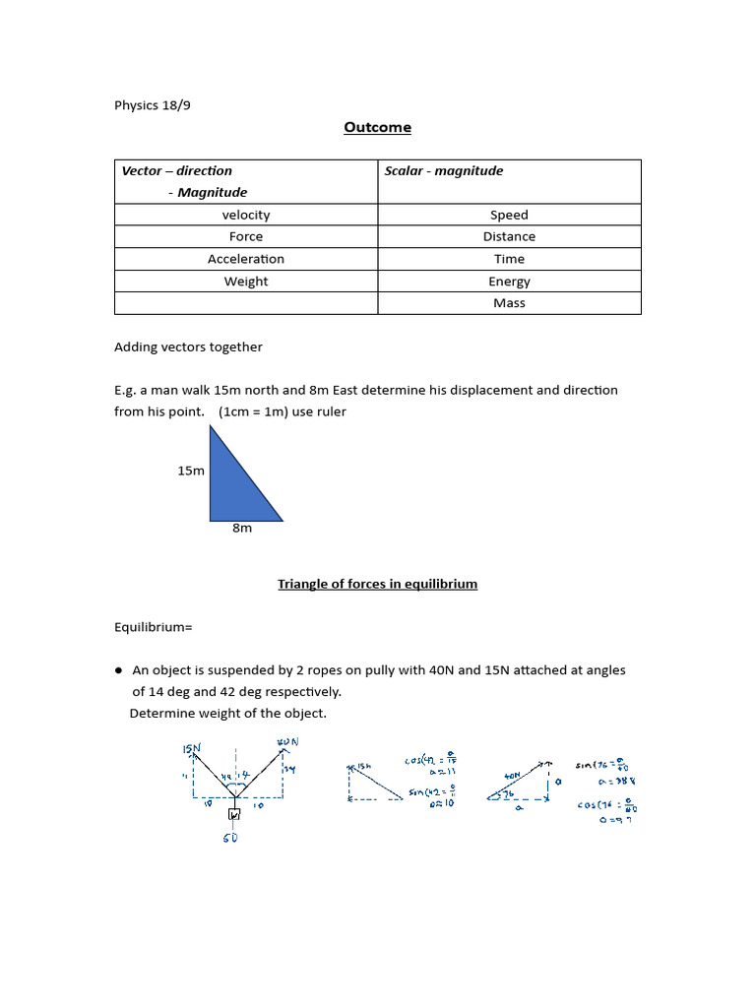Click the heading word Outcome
coord(378,127)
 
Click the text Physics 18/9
coord(153,105)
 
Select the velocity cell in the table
coord(246,215)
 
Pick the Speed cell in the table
coord(509,215)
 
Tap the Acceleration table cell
coord(246,259)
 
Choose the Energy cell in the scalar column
coord(509,282)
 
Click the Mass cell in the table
coord(509,303)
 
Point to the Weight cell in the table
coord(246,282)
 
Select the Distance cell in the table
coord(509,236)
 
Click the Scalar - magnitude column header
coord(444,171)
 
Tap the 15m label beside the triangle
coord(191,471)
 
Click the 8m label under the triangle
coord(242,529)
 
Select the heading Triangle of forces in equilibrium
coord(377,584)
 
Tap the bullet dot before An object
coord(118,669)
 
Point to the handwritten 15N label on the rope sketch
coord(191,749)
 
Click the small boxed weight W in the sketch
coord(234,815)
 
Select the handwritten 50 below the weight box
coord(230,838)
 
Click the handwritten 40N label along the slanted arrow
coord(512,775)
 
